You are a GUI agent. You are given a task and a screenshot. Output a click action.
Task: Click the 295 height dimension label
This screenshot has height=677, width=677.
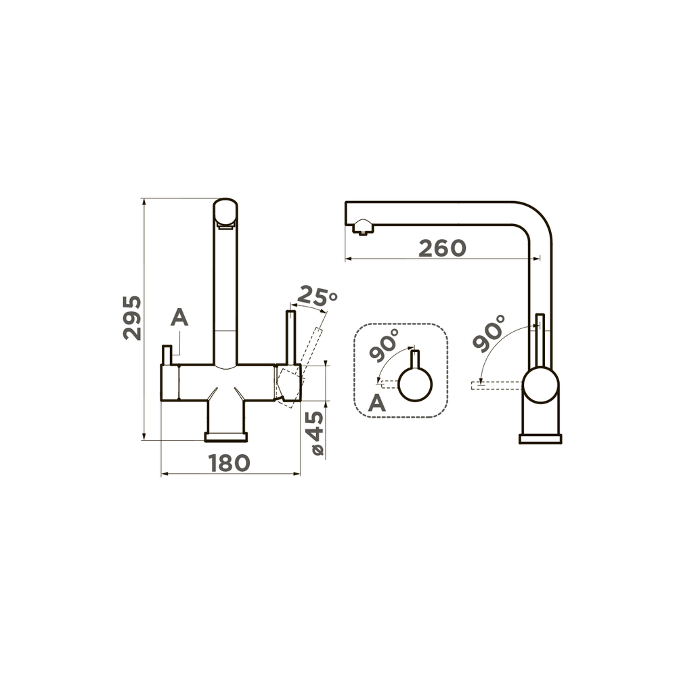[x=133, y=318]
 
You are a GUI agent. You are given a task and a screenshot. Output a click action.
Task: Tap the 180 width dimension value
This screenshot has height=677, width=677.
[x=230, y=463]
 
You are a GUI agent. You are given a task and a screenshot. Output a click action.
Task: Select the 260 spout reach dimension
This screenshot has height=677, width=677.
[x=443, y=248]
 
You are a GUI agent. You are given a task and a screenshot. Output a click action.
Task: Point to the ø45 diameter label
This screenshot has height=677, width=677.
[x=318, y=432]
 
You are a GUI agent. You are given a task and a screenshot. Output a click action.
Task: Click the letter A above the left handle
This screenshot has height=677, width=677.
[x=179, y=318]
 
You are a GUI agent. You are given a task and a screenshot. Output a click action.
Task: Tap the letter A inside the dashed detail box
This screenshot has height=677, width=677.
[x=376, y=403]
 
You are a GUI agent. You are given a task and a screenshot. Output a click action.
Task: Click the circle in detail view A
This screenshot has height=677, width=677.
[x=415, y=385]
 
